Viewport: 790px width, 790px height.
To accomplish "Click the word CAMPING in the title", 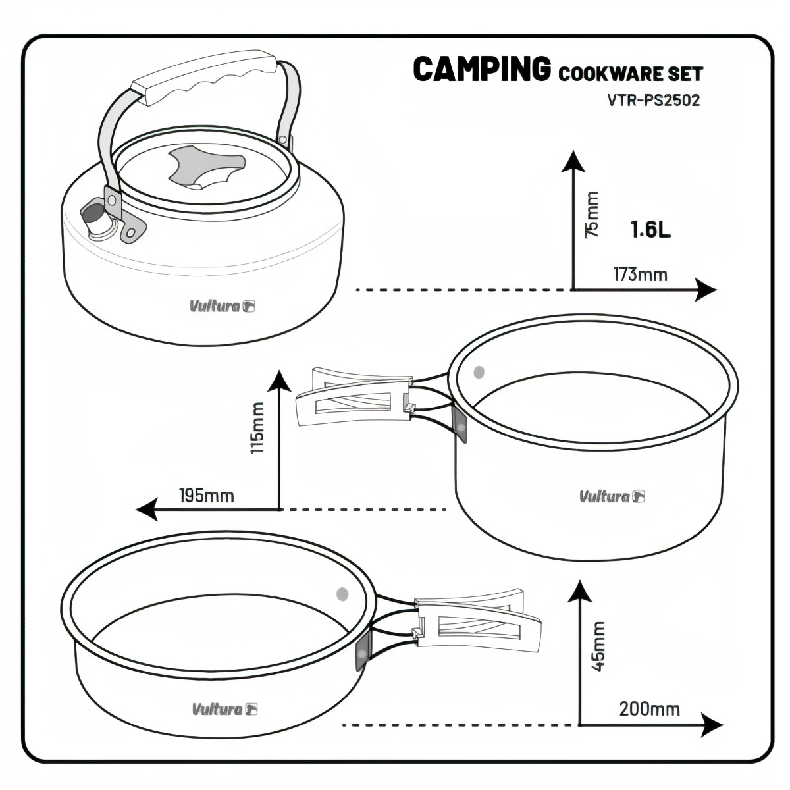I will (481, 69).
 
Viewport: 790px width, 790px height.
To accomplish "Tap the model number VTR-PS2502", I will (654, 101).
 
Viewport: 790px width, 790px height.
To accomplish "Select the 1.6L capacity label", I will (650, 230).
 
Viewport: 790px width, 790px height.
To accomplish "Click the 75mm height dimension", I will (592, 214).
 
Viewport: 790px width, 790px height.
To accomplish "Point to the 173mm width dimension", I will (640, 274).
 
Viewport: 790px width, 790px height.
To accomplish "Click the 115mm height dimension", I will (257, 428).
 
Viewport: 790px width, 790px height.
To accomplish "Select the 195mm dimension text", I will (206, 495).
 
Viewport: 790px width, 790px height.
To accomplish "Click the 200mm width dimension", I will (649, 709).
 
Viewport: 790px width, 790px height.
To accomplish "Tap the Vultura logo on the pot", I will (612, 496).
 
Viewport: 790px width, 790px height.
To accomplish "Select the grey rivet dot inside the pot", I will (479, 372).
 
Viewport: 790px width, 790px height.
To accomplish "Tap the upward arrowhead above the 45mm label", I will (579, 591).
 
